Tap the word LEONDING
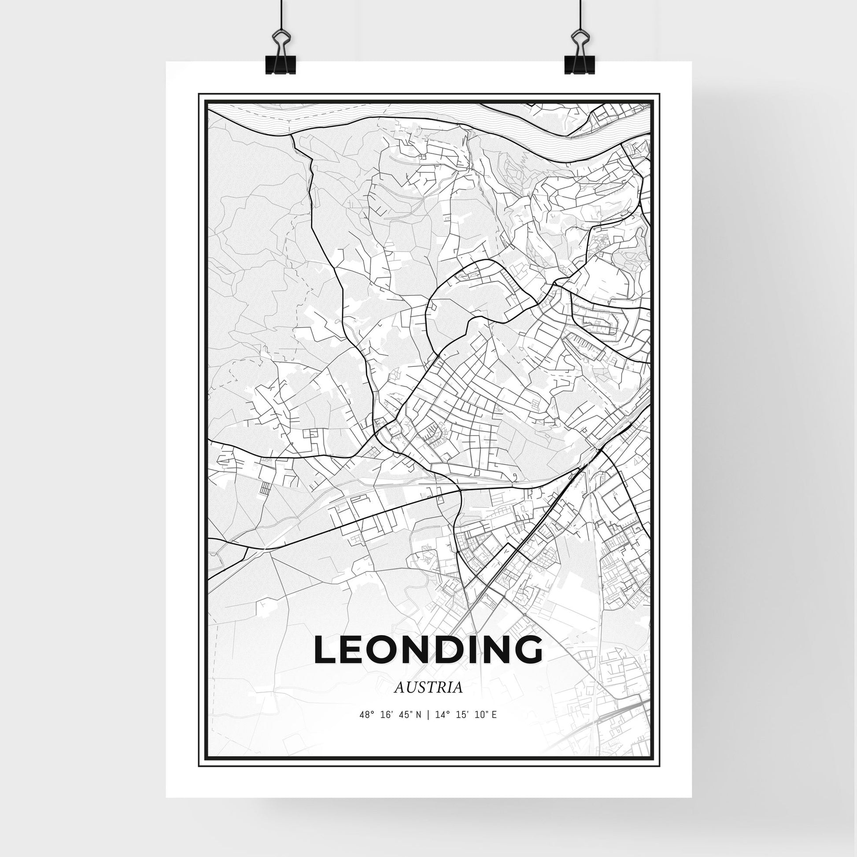click(x=428, y=651)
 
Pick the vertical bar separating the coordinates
click(x=428, y=728)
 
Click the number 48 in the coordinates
click(x=365, y=728)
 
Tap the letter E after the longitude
click(x=494, y=728)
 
